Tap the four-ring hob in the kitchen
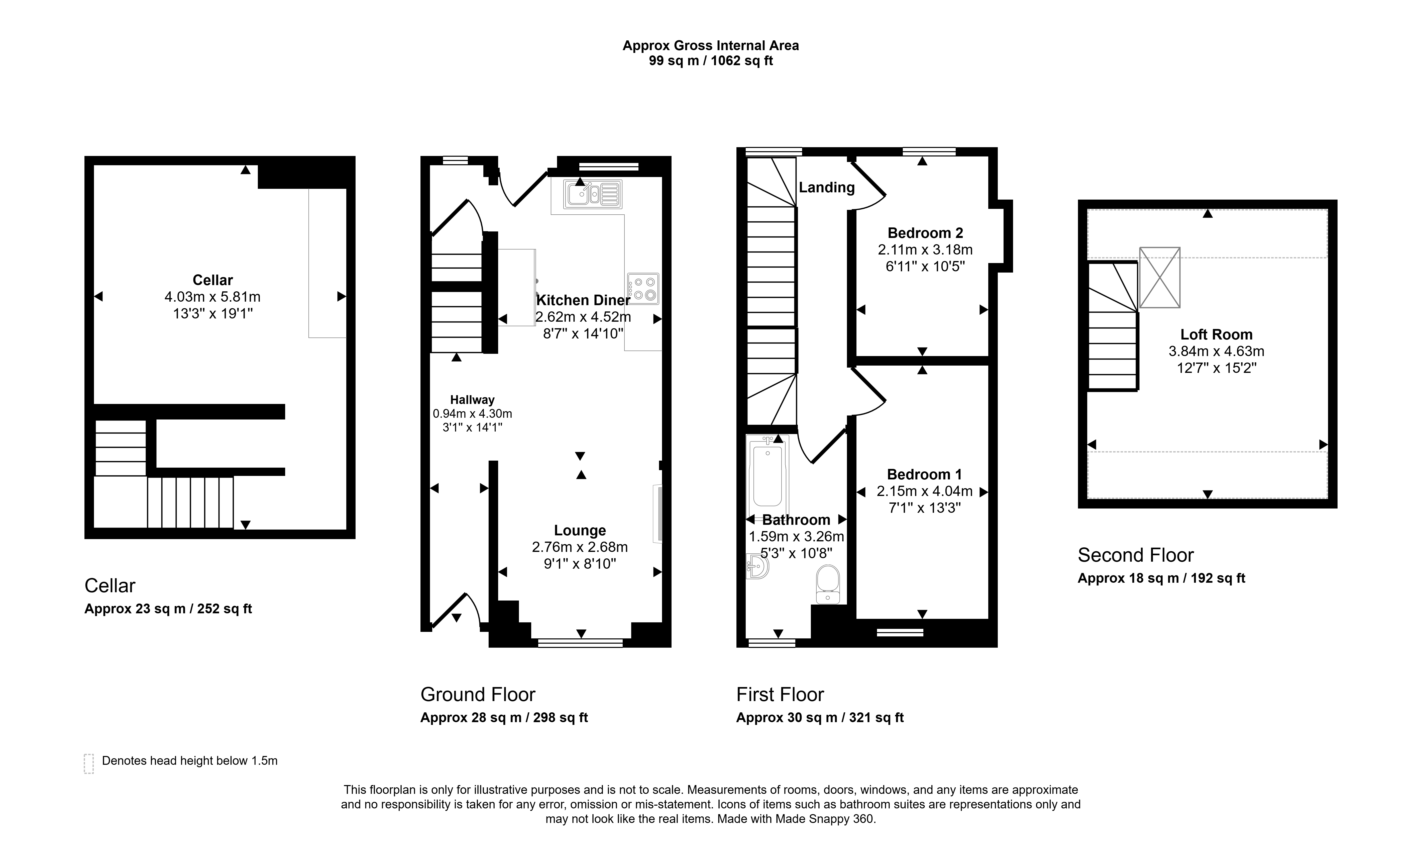click(643, 289)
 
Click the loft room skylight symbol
click(1160, 277)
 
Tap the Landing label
click(827, 187)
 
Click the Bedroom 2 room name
click(925, 233)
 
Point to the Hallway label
click(472, 400)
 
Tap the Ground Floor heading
click(478, 695)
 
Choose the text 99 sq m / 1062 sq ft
click(711, 61)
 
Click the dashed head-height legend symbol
click(89, 764)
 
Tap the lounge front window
click(580, 643)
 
